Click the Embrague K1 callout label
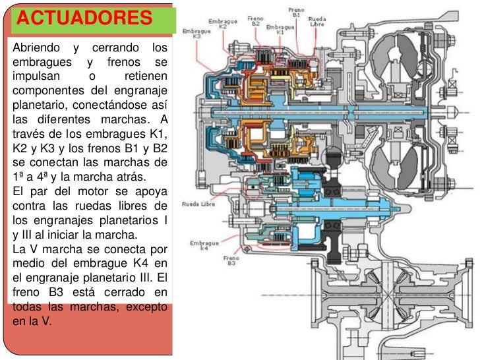click(x=280, y=29)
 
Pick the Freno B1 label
click(x=297, y=13)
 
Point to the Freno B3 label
click(x=231, y=261)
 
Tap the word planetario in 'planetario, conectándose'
click(x=40, y=105)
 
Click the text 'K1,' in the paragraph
click(x=156, y=135)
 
